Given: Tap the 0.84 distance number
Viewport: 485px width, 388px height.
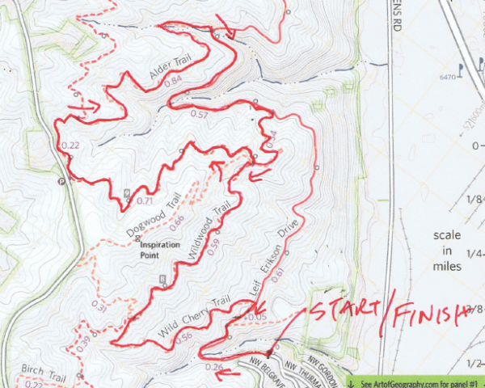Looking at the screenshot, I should (173, 82).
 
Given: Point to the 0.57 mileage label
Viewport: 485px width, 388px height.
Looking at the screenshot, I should (199, 114).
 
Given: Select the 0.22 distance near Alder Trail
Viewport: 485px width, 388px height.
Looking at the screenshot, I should (70, 145).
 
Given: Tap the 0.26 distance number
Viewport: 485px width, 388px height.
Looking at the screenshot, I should (215, 368).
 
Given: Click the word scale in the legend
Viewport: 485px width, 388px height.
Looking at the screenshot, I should (447, 235).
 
